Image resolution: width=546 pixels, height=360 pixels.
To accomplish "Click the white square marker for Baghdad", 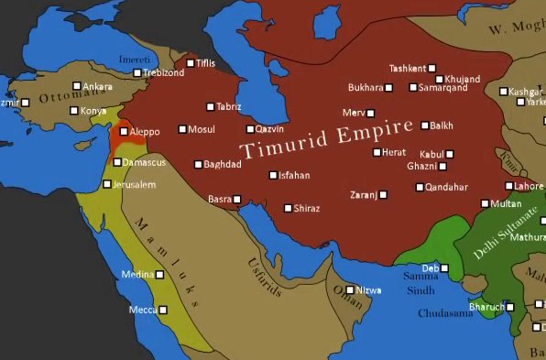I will point(197,165).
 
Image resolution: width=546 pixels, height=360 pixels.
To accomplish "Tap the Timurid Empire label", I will point(326,136).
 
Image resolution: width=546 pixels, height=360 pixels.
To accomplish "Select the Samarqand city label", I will point(442,88).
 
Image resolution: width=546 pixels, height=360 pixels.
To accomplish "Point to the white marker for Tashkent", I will point(431,69).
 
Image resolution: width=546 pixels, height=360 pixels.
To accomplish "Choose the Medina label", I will point(137,274).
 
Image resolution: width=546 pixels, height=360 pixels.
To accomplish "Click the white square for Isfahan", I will point(273,175).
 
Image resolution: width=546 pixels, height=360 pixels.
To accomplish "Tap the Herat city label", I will point(394,152).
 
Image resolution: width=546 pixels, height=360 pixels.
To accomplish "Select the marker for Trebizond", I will point(137,72).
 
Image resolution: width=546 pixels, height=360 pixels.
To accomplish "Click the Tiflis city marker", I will point(190,63).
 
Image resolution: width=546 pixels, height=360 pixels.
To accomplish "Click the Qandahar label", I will point(448,187).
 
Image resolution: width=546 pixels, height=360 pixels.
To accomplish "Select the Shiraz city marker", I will point(288,208).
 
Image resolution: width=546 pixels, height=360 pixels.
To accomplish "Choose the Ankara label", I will point(97,86).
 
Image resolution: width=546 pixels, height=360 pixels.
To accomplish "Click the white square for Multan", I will point(485,203).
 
